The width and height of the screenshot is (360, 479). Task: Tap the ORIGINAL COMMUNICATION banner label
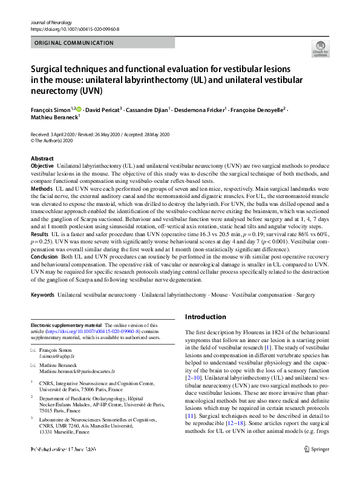click(x=74, y=43)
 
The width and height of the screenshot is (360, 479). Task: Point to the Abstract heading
click(x=42, y=157)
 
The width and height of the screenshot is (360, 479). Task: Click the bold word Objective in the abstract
click(x=42, y=165)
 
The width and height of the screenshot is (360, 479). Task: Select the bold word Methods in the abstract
click(x=41, y=190)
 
